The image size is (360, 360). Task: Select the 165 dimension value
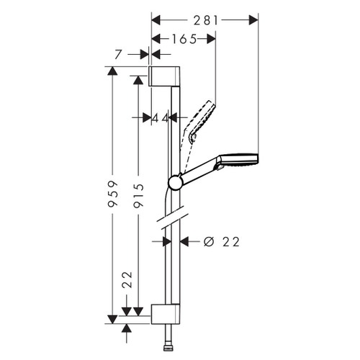point(184,40)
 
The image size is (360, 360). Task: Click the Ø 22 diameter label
point(221,242)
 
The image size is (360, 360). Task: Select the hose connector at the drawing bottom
point(171,345)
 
